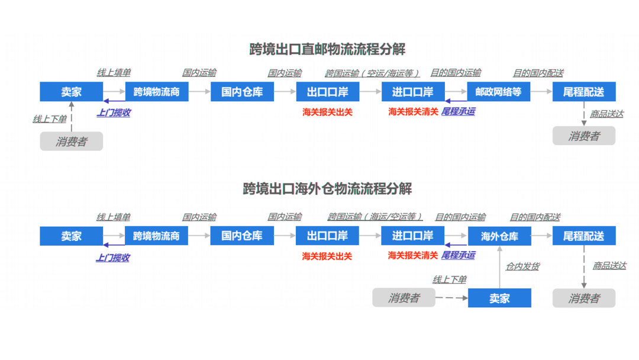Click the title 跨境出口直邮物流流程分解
pos(327,49)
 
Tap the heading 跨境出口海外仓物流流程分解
pos(327,189)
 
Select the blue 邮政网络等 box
pos(498,92)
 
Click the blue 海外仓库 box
pos(499,236)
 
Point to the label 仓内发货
pos(522,266)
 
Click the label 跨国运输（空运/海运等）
pos(372,73)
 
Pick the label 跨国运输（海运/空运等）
pos(375,217)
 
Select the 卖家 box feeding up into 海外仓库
pos(499,298)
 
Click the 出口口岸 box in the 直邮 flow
pos(327,92)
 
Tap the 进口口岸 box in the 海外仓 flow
pos(412,236)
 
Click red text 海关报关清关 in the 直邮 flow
pos(413,111)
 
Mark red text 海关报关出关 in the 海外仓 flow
pos(327,256)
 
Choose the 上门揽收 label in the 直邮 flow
pos(114,112)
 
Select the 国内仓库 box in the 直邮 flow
pos(241,92)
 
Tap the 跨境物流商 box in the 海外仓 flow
pos(156,236)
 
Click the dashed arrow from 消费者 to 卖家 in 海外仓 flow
pos(451,298)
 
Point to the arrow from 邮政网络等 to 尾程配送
pos(541,92)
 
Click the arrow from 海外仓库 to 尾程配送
pos(542,236)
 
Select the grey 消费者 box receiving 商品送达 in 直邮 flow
pos(583,136)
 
